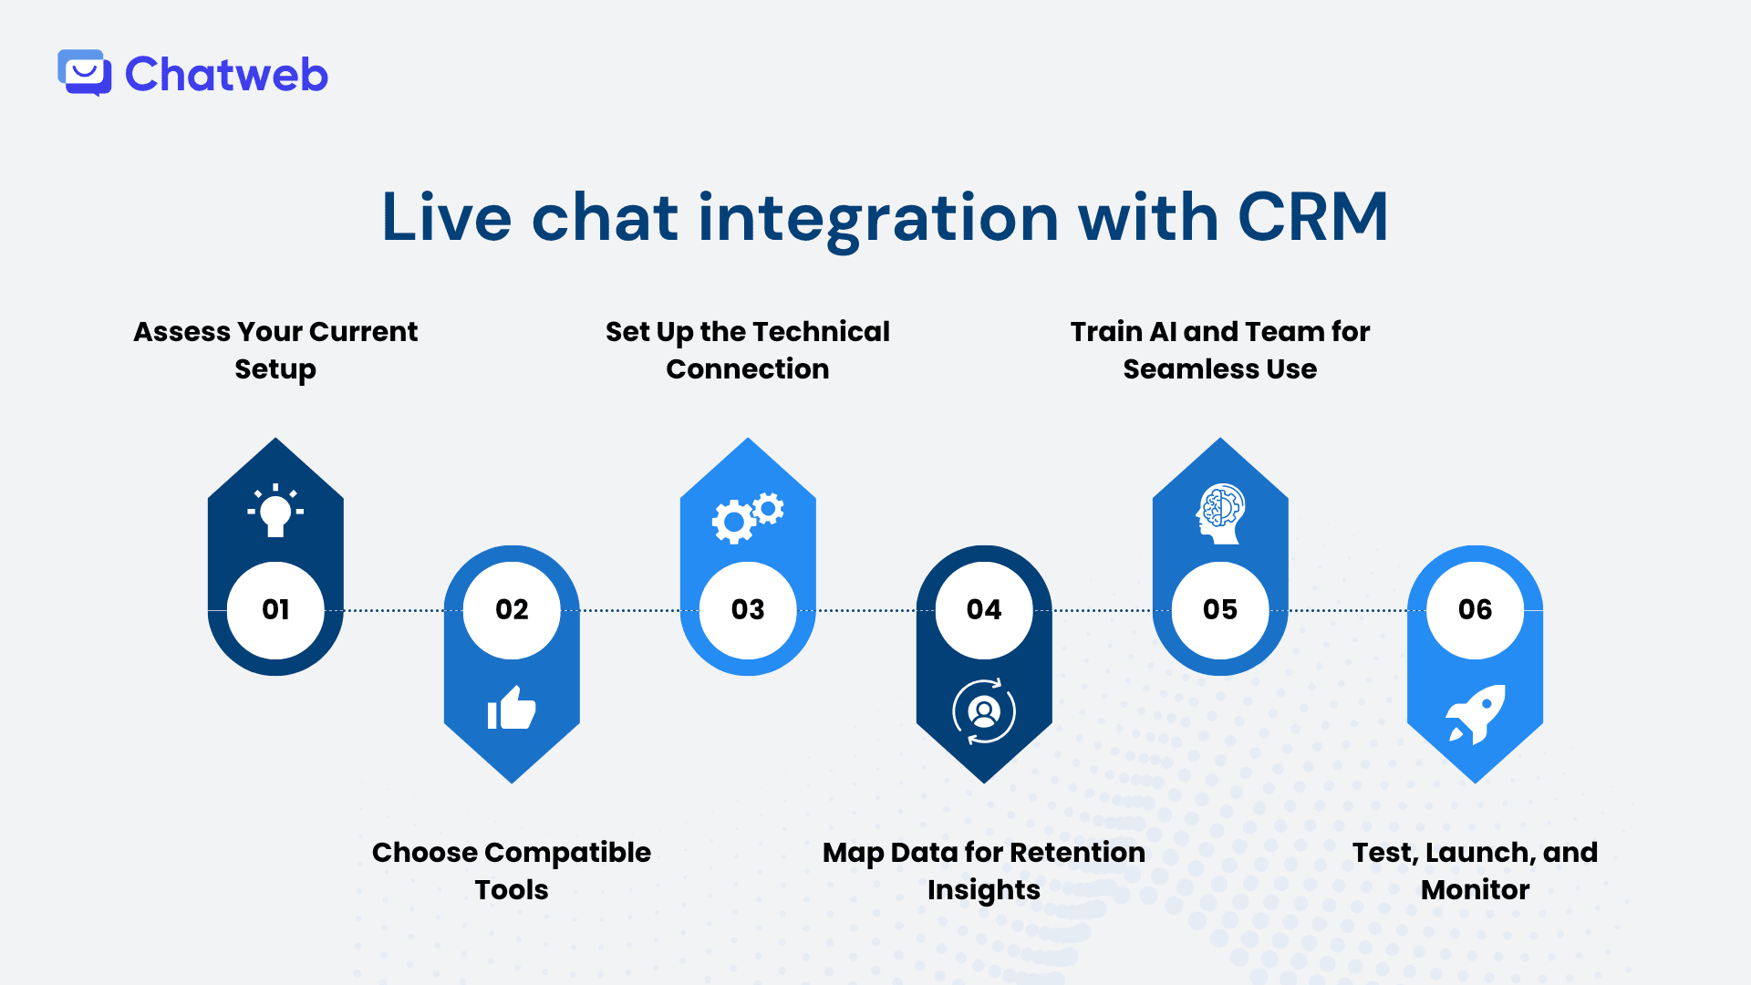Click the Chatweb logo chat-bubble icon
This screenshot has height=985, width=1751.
[x=85, y=73]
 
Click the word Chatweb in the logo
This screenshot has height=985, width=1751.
[x=226, y=75]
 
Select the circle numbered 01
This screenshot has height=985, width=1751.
[x=275, y=609]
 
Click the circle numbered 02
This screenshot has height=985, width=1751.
[x=512, y=609]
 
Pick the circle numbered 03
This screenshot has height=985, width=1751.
[x=748, y=609]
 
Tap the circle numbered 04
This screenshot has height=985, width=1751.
[x=984, y=609]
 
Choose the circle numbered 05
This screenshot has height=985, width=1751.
[x=1220, y=609]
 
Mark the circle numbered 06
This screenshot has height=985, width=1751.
[x=1475, y=609]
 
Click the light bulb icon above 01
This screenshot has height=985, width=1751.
[x=275, y=512]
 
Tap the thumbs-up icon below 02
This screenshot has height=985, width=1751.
[x=512, y=708]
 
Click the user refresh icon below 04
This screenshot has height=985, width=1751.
[x=984, y=711]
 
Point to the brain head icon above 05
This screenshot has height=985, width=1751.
[x=1220, y=513]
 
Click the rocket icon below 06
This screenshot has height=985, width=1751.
[x=1475, y=714]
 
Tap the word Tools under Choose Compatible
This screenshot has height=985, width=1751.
[x=512, y=890]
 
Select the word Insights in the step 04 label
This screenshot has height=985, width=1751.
[x=983, y=890]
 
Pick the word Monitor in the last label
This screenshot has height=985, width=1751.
[x=1475, y=890]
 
